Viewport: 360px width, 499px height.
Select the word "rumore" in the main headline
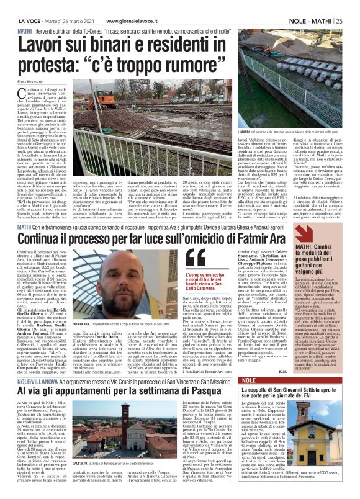point(129,63)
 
